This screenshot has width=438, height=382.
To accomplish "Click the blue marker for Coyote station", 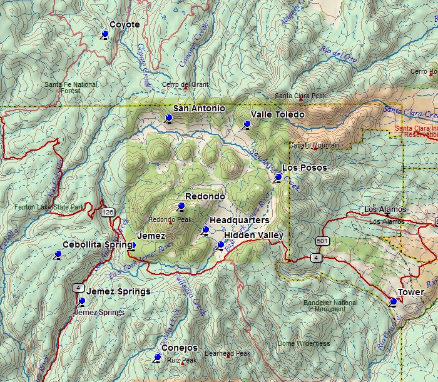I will [x=104, y=34].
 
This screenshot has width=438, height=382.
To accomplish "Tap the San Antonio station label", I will [x=199, y=108].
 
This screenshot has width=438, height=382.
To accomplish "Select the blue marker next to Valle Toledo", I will [x=246, y=124].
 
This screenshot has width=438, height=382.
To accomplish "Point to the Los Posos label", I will [x=304, y=168].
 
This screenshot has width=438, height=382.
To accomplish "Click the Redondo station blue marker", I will [x=181, y=206].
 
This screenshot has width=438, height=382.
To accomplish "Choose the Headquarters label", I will [x=239, y=220].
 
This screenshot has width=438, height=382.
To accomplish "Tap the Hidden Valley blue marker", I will [x=220, y=244].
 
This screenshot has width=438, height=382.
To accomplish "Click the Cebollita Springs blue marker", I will [x=58, y=254].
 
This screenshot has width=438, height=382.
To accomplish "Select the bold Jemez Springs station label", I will [x=118, y=291].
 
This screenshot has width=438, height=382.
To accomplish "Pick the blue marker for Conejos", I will [x=157, y=357].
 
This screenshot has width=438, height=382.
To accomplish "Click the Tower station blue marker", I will [x=393, y=301].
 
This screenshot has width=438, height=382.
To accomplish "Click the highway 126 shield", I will [x=108, y=212].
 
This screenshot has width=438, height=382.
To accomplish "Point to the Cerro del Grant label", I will [x=185, y=84].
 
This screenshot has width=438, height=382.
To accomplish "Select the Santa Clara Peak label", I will [x=300, y=96].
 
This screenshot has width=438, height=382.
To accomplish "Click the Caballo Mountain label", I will [x=314, y=145].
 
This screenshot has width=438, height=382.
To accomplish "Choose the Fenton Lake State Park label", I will [x=50, y=206].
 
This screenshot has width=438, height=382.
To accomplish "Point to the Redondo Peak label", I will [x=170, y=219].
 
